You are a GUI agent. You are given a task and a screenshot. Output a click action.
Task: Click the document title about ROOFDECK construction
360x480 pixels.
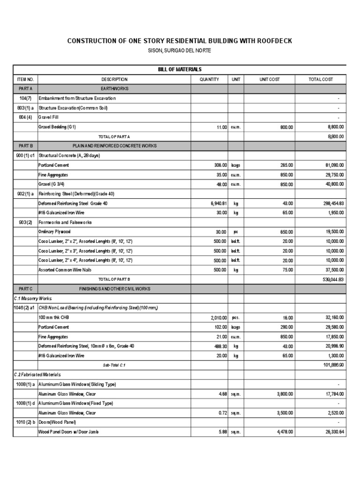point(180,41)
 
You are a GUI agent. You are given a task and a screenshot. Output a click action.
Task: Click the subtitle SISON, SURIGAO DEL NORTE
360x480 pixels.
point(180,51)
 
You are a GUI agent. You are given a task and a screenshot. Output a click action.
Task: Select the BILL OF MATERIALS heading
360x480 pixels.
point(180,69)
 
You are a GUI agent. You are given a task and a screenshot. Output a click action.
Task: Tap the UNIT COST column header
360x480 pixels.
point(270,80)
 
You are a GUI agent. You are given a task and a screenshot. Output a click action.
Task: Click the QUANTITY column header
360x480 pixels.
point(209,80)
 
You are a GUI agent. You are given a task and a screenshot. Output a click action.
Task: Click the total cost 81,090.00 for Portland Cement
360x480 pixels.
point(332,165)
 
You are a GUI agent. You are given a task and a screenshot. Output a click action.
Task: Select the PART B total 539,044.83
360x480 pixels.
point(330,279)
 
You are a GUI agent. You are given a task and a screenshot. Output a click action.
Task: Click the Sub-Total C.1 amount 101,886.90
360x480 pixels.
point(331,365)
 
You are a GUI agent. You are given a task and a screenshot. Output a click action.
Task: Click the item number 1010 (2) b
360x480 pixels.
point(25,422)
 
